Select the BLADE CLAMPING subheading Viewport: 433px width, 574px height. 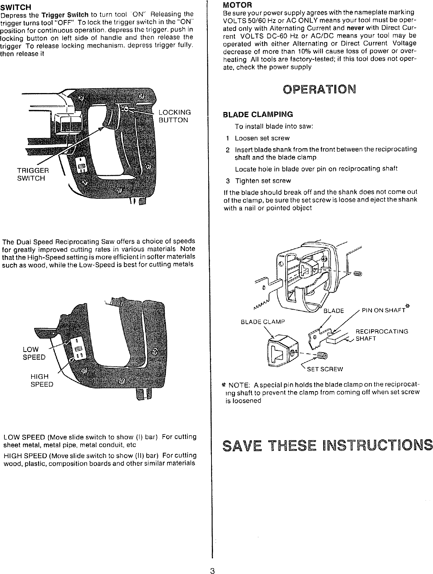click(x=257, y=114)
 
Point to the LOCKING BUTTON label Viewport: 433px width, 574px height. click(x=174, y=116)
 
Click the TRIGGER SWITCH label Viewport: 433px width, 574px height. click(x=33, y=174)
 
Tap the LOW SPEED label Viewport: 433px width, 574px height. click(x=34, y=353)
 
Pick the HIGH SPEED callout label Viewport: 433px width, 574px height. click(x=42, y=380)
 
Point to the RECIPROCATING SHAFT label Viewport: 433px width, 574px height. click(x=381, y=335)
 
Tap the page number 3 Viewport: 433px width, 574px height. click(x=213, y=570)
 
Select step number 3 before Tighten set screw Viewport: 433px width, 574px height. click(x=228, y=181)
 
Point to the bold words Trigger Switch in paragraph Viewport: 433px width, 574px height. click(x=65, y=15)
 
